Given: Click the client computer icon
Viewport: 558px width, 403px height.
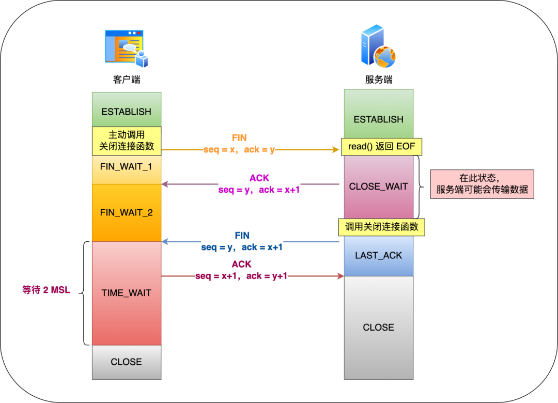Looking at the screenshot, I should point(127,49).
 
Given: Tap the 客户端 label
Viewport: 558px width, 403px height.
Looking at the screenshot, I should point(127,80).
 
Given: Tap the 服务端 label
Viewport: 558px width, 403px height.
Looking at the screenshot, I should point(379,80).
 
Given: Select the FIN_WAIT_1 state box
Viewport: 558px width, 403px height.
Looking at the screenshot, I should point(127,168).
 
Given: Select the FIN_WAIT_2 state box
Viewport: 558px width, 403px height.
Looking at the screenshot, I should point(127,212).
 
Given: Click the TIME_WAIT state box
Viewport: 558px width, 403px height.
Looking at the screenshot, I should point(127,293).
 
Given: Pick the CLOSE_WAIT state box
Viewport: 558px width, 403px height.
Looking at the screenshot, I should point(379,187).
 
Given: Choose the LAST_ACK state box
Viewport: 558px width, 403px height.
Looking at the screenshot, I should point(379,256).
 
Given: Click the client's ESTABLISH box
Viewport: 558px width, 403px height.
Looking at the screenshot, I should point(127,112).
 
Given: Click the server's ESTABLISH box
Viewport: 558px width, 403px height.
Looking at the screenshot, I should point(379,119).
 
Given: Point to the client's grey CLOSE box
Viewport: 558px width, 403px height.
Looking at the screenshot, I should point(127,362).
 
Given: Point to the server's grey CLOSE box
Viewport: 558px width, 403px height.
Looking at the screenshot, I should point(379,328).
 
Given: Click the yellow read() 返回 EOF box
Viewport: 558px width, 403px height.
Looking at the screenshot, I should point(381,146).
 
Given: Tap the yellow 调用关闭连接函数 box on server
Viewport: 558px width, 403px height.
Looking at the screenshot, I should point(381,227).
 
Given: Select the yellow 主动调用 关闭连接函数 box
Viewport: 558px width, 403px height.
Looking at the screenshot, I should point(127,140).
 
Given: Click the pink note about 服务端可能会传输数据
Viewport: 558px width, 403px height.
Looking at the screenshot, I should point(482,183).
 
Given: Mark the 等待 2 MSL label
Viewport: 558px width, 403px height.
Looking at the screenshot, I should point(47,290).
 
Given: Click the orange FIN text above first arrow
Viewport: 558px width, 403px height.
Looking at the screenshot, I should point(239,138).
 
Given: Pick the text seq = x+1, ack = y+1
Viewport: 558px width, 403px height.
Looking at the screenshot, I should point(241,276).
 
